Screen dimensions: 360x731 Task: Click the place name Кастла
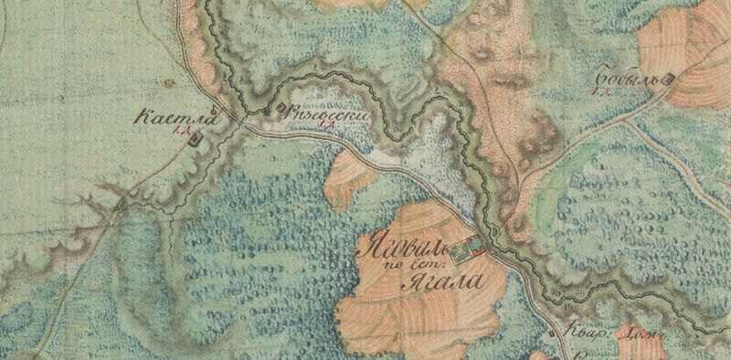[167, 118]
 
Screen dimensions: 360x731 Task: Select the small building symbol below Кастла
[196, 139]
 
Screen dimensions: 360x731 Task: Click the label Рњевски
[320, 113]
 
